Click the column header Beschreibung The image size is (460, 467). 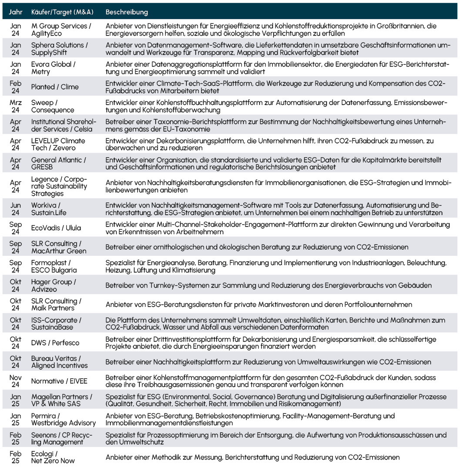[127, 12]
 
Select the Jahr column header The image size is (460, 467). [16, 12]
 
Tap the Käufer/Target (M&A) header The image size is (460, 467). [62, 12]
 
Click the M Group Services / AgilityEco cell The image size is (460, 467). [61, 30]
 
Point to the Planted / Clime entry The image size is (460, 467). [55, 87]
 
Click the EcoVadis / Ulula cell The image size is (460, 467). [56, 228]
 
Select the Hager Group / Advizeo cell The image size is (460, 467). [54, 286]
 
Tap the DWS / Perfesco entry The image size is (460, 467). [55, 343]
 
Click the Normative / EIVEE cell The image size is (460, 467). [59, 381]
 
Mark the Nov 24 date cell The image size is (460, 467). [16, 381]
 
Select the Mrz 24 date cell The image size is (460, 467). [16, 106]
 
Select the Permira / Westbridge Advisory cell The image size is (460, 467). [63, 419]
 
